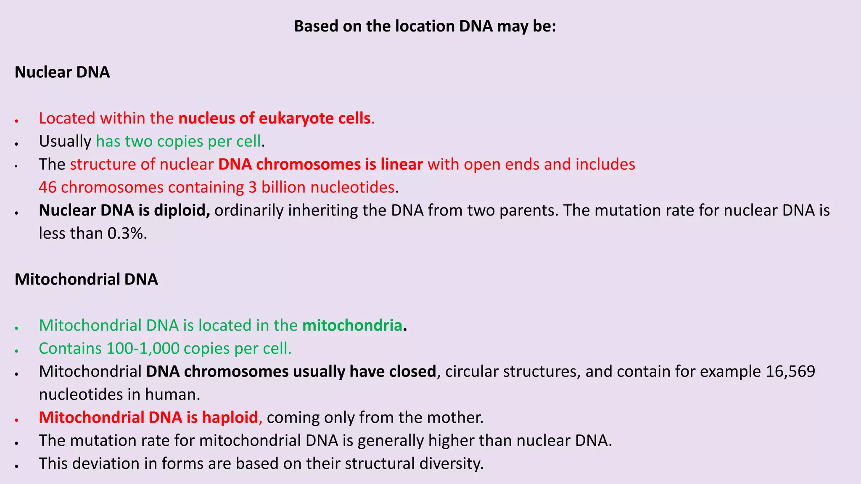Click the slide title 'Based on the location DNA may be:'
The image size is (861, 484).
(425, 26)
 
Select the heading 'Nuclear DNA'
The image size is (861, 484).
(62, 72)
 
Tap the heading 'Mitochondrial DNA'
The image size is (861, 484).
(86, 279)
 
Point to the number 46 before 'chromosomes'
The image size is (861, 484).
(48, 187)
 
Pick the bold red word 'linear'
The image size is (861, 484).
(401, 164)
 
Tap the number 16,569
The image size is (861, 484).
(790, 371)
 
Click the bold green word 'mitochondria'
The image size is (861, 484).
(352, 326)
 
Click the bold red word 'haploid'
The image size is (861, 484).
(230, 418)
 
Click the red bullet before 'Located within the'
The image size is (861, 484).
(16, 121)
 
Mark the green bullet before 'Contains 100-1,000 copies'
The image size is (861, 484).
(16, 351)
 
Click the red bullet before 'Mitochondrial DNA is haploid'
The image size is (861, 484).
(16, 420)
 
